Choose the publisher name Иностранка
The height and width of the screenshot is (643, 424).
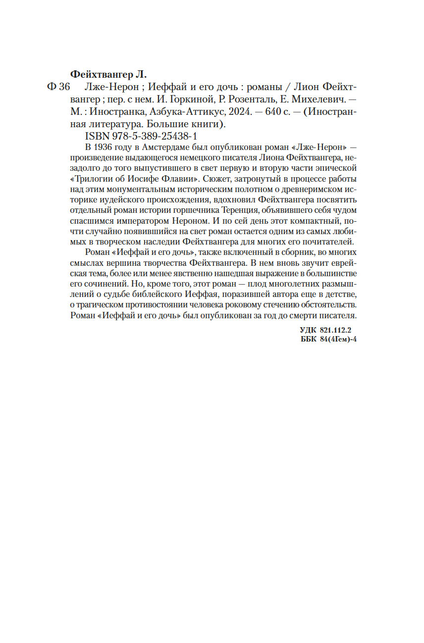pos(119,111)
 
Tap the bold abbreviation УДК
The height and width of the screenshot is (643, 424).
pos(309,329)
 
